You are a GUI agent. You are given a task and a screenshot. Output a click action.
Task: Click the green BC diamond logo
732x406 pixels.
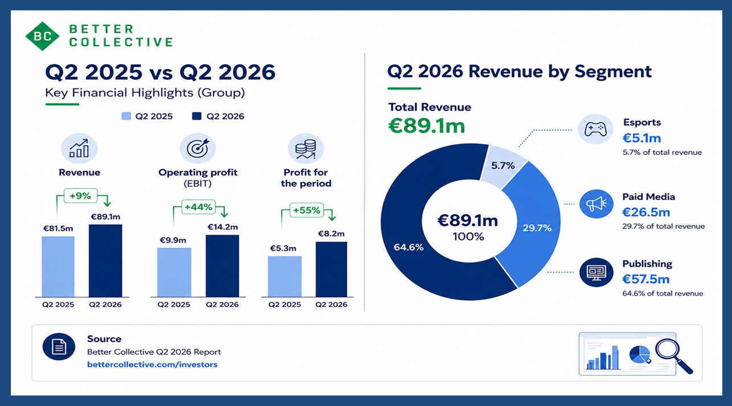[x=42, y=36]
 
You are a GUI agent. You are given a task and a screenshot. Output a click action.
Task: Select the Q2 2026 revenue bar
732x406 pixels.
[x=105, y=261]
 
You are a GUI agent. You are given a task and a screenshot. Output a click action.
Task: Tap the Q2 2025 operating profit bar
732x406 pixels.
[x=174, y=272]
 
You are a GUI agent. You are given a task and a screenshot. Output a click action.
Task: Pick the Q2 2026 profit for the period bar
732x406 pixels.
[x=332, y=269]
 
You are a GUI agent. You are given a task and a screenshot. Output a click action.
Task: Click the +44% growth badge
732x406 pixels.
[x=198, y=207]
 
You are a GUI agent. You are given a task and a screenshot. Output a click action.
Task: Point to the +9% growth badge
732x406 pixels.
[x=80, y=196]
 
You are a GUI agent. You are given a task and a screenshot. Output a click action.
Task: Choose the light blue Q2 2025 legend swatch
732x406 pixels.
[x=126, y=116]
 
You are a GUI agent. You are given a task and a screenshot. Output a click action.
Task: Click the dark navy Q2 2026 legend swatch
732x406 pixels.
[x=197, y=116]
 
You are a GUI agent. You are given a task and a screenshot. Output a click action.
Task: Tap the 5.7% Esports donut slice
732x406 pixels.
[x=502, y=166]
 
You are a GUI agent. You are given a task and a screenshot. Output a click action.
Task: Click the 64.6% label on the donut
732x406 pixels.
[x=408, y=247]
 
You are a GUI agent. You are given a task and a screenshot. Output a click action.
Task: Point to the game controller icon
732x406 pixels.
[x=595, y=129]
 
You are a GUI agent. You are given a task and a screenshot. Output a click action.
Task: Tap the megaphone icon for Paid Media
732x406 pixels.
[x=596, y=204]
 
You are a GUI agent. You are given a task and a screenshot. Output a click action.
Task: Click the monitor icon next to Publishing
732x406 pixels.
[x=596, y=272]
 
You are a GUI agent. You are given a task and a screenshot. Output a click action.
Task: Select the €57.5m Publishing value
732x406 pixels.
[x=646, y=279]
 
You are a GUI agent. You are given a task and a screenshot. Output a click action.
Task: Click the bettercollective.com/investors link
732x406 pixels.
[x=152, y=364]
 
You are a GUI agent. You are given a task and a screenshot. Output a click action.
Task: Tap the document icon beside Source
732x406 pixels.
[x=59, y=347]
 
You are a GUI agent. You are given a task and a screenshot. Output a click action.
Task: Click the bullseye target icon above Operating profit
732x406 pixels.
[x=198, y=148]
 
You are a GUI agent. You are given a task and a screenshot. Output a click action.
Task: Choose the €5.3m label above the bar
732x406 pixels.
[x=283, y=248]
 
